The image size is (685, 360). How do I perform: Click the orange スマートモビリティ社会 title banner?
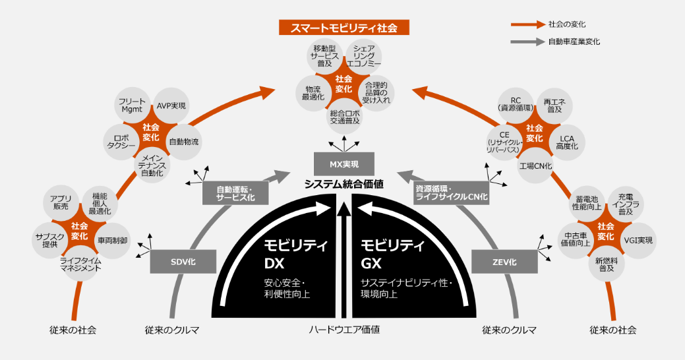(343, 28)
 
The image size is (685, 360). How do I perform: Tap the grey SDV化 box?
(183, 262)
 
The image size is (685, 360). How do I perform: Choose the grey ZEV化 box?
(504, 262)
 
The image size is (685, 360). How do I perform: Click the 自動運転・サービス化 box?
(235, 193)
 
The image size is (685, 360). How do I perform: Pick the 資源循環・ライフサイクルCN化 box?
(451, 193)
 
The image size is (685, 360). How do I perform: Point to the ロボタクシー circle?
(120, 141)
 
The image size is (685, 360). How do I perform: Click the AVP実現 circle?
(171, 106)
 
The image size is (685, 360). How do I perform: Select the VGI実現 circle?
(638, 240)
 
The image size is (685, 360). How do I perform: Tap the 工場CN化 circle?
(535, 165)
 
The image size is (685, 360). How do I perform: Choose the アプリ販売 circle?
(61, 204)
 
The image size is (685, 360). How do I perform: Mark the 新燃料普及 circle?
(601, 265)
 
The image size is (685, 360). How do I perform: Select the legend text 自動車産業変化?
(574, 42)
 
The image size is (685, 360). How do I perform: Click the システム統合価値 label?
(343, 185)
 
